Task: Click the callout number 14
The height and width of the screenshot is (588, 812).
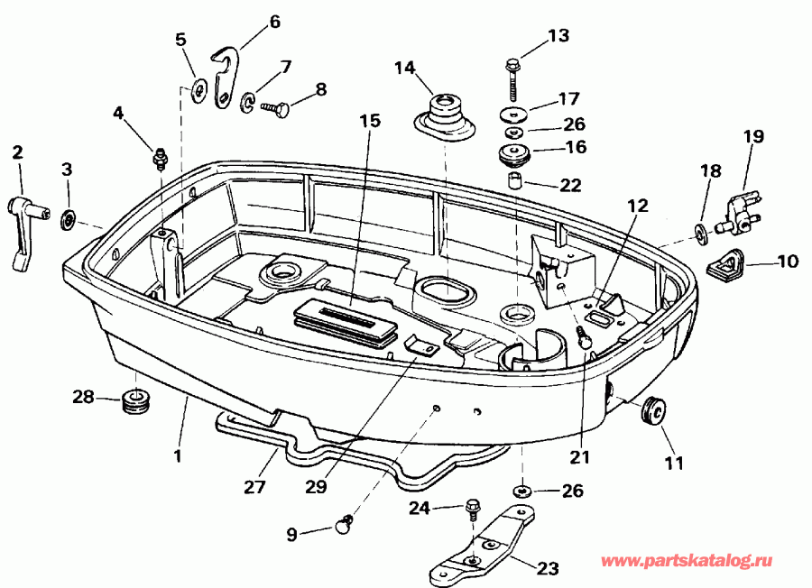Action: click(404, 68)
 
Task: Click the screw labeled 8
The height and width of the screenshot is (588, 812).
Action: click(274, 109)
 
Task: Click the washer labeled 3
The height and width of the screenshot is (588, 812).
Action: click(68, 219)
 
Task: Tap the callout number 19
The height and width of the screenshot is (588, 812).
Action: click(753, 137)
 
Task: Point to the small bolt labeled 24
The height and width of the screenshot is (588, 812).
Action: click(472, 511)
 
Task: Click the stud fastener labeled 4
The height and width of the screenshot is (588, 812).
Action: click(161, 157)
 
